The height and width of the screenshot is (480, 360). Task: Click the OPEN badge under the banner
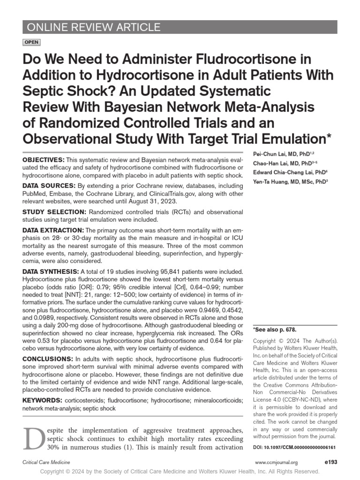[x=31, y=42]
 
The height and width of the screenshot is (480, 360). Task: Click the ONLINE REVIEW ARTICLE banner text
[x=94, y=27]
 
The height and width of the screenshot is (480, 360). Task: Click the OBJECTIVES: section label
[x=44, y=160]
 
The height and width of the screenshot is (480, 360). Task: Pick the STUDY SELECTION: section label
[x=54, y=212]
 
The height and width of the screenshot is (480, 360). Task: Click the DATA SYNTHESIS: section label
[x=51, y=271]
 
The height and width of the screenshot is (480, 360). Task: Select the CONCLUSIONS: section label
[x=49, y=359]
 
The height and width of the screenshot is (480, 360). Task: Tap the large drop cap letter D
[x=32, y=438]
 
